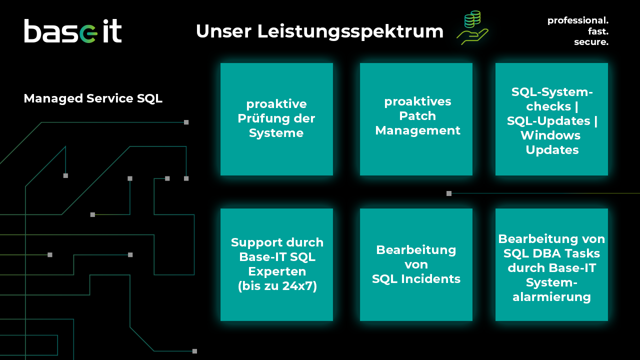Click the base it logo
(x=73, y=31)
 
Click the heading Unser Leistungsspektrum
(x=319, y=31)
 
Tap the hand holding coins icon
(x=472, y=28)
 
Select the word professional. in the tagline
(x=577, y=20)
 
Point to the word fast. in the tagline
(x=598, y=31)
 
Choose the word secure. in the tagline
(x=591, y=42)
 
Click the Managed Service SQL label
(x=93, y=98)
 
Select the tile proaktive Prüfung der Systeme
(x=276, y=119)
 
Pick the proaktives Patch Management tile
(x=416, y=119)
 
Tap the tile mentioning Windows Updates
(x=551, y=119)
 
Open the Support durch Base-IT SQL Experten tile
(x=276, y=264)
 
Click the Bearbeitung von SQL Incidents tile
(x=416, y=264)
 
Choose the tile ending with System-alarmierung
(x=551, y=264)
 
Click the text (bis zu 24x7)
(x=277, y=286)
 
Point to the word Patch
(x=417, y=116)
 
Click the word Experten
(x=277, y=271)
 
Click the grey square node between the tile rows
(x=449, y=193)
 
